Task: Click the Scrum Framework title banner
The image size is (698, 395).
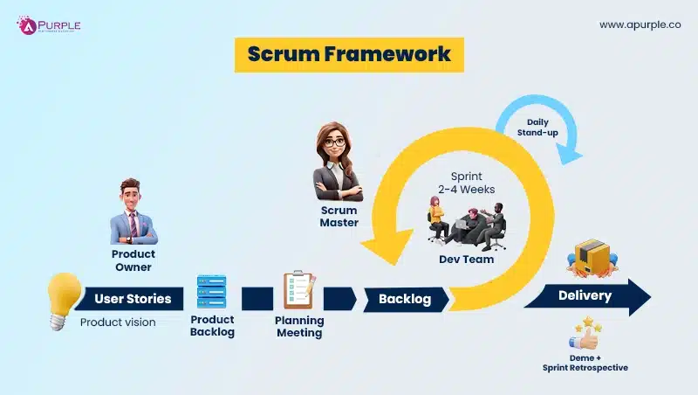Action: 349,54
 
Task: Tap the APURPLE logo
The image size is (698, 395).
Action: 49,25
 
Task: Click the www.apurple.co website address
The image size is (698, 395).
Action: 640,25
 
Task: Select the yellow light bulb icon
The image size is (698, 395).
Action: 64,299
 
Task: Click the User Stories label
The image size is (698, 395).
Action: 133,299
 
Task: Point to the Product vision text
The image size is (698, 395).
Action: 118,322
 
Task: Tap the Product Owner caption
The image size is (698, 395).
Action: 133,260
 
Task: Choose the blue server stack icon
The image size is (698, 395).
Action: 212,292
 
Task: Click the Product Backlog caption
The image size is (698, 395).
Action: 212,326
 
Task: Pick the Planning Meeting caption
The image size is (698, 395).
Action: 299,326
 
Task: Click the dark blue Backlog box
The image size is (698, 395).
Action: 405,299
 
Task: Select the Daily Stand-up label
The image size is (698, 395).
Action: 542,128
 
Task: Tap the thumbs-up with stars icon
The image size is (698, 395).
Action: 584,336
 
